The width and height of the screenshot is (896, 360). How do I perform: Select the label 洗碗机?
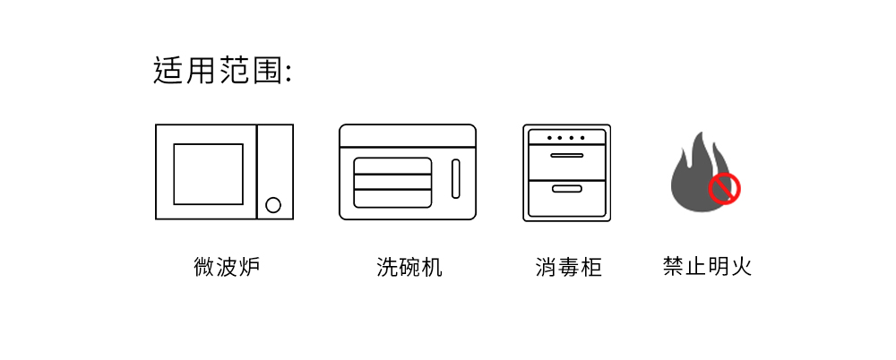coord(409,267)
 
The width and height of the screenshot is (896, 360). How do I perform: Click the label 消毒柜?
coord(568,267)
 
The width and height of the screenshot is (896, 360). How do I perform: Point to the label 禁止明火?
coord(707,267)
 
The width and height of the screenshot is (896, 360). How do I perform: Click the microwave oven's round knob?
coord(274,205)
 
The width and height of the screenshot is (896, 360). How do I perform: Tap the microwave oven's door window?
coord(208,173)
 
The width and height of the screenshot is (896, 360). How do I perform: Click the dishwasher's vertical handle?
coord(454,179)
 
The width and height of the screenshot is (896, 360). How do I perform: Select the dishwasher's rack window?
coord(392,183)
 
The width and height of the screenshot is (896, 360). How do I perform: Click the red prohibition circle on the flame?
coord(724,189)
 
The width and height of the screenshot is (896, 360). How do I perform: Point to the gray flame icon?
coord(694,175)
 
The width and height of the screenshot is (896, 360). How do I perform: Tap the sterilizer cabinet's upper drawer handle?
coord(566,157)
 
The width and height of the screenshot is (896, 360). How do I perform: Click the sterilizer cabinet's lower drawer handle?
coord(566,189)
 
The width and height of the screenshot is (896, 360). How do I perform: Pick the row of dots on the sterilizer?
coord(566,138)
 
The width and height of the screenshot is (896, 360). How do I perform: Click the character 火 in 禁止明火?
coord(741,267)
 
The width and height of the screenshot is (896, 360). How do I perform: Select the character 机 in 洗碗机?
coord(432,267)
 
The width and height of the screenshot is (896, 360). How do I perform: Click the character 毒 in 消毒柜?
coord(568,267)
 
